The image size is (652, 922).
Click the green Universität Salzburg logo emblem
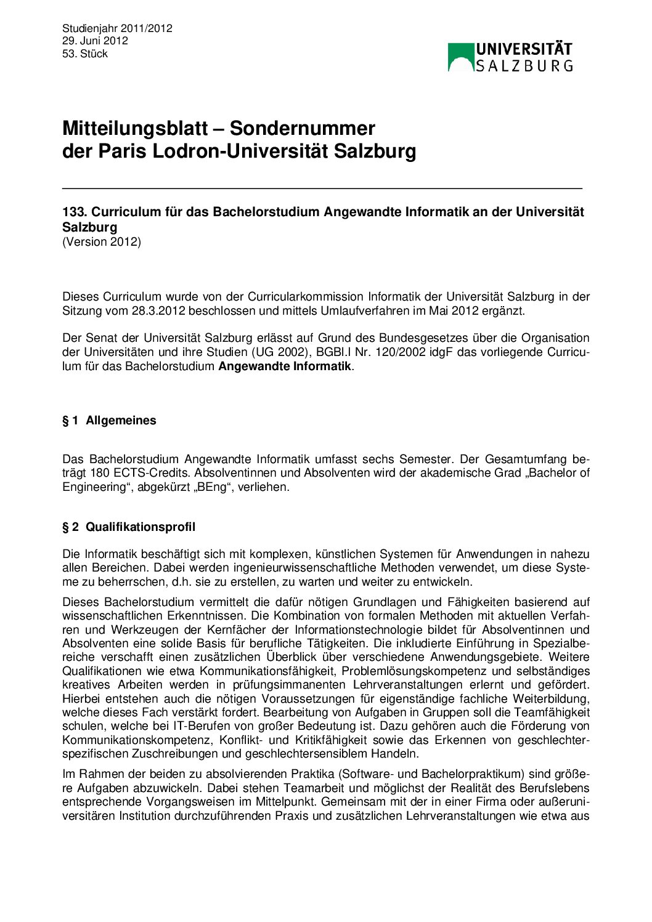point(460,57)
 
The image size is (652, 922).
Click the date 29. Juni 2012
point(95,41)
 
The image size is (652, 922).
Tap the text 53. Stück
point(85,54)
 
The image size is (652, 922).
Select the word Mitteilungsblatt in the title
point(135,128)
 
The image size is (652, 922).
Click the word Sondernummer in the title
point(303,128)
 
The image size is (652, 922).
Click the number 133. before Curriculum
point(75,212)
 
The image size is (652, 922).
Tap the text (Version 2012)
point(102,241)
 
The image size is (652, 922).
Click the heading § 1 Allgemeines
point(109,421)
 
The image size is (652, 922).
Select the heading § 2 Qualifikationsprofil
point(129,527)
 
